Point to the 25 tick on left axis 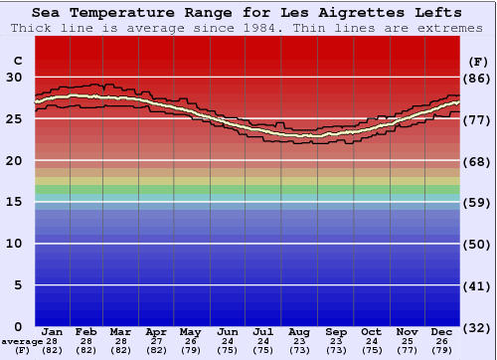[x=16, y=119]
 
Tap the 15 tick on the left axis [x=16, y=202]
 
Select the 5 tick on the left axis [x=16, y=285]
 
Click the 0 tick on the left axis [x=16, y=326]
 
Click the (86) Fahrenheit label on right [x=477, y=78]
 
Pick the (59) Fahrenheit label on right [x=477, y=202]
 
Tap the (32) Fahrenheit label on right [x=477, y=327]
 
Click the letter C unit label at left [x=16, y=62]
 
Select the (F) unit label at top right [x=477, y=62]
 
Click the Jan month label [x=53, y=331]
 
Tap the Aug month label [x=299, y=331]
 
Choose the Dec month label [x=442, y=331]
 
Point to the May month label [x=190, y=331]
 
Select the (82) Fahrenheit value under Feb [x=86, y=350]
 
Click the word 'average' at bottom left [x=21, y=341]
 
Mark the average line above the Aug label [x=299, y=134]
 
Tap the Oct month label [x=371, y=331]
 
